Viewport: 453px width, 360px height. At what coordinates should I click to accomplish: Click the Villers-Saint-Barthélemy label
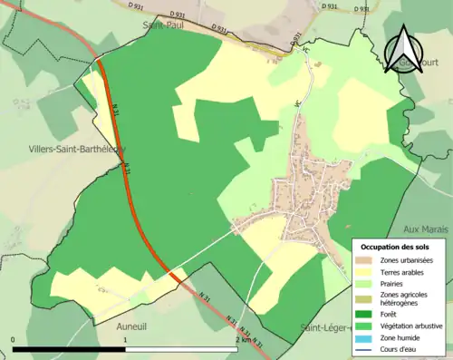(x=64, y=150)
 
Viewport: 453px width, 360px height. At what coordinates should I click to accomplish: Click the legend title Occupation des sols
(x=395, y=247)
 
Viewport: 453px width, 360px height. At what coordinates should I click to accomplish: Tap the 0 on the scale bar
(x=14, y=339)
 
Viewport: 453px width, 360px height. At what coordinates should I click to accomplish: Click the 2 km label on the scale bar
(x=242, y=339)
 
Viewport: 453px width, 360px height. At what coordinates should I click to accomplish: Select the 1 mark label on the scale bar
(x=124, y=339)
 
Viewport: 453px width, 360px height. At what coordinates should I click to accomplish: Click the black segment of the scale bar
(x=69, y=349)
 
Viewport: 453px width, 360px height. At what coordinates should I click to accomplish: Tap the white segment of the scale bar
(x=180, y=349)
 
